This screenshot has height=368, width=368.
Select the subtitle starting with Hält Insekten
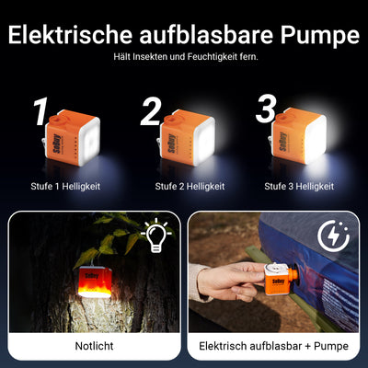point(184,57)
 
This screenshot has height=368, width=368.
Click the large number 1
point(39,113)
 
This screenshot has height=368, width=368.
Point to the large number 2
point(152,113)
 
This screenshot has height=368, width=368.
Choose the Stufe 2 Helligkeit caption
point(184,186)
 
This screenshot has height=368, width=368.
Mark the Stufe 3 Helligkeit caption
point(298,186)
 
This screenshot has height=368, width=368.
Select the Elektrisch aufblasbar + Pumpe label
point(274,346)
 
